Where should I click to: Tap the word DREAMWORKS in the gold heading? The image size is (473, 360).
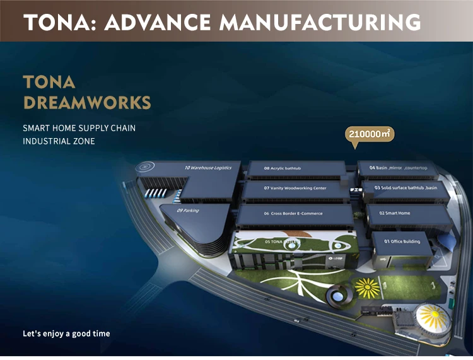[x=86, y=102]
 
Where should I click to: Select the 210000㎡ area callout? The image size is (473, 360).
[x=370, y=134]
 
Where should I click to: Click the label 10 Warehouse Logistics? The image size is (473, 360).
[x=208, y=168]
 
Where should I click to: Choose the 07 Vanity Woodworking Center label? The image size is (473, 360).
[x=295, y=188]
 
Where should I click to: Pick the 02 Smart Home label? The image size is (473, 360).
[x=395, y=213]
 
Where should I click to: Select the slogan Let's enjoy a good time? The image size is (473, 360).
[x=66, y=333]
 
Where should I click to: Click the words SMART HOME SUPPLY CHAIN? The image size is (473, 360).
[x=79, y=128]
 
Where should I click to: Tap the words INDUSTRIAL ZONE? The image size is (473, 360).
[x=59, y=141]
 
